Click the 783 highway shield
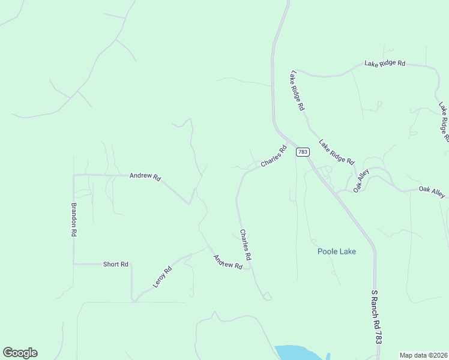(303, 152)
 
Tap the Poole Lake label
(337, 251)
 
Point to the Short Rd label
(116, 264)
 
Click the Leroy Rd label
(163, 277)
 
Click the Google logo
(20, 353)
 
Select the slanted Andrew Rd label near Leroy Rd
(228, 262)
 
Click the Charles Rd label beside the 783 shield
(274, 157)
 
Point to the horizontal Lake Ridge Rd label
(385, 63)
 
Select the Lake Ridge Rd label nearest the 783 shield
(337, 152)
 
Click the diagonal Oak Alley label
(361, 181)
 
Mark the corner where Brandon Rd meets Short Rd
(74, 264)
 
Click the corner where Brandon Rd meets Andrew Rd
(74, 175)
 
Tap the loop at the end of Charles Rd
(267, 296)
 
